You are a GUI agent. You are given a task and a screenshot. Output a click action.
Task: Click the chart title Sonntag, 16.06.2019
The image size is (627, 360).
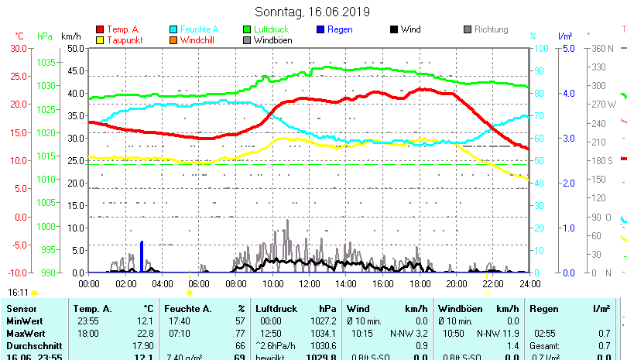[x=313, y=12]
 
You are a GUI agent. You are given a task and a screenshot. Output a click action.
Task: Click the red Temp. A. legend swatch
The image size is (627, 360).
[x=99, y=29]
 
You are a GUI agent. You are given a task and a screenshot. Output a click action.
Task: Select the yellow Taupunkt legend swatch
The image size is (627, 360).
[x=99, y=40]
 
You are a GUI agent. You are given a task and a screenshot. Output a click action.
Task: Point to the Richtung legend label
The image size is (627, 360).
[x=492, y=29]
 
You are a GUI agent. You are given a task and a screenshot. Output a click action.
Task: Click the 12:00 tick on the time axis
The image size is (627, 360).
[x=308, y=284]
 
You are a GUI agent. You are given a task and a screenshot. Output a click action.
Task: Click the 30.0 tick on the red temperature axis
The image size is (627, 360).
[x=18, y=48]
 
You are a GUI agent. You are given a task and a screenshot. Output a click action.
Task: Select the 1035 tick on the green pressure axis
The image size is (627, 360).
[x=46, y=62]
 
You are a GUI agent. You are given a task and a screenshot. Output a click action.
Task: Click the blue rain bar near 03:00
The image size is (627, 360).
[x=142, y=256]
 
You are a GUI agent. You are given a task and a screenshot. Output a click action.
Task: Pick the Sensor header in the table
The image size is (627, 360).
[x=21, y=308]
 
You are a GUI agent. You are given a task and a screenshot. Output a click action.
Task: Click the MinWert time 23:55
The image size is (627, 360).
[x=87, y=321]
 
